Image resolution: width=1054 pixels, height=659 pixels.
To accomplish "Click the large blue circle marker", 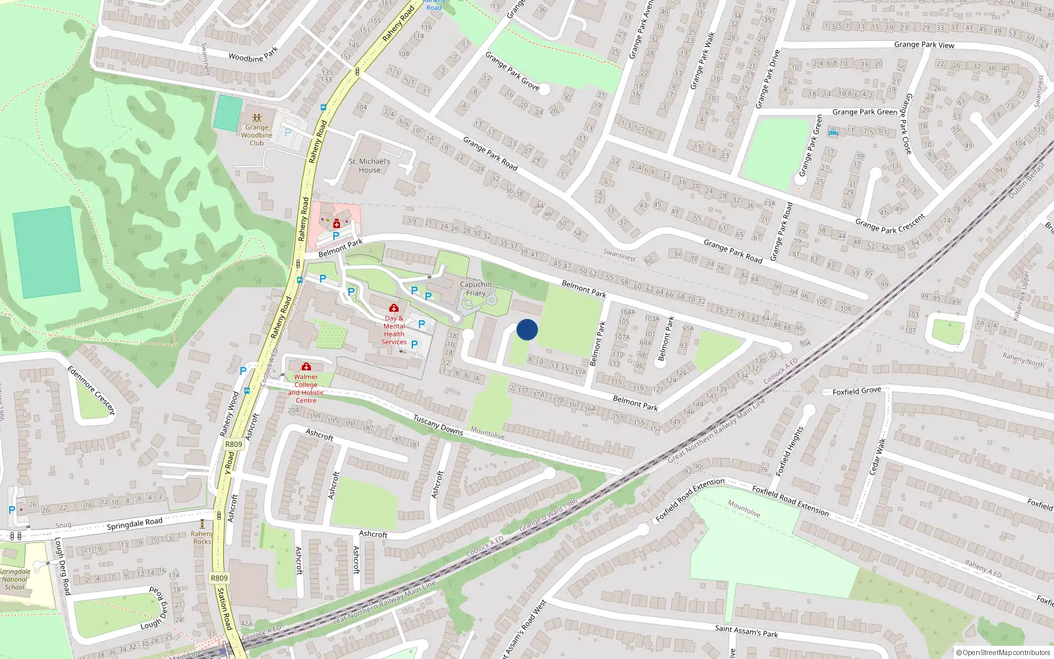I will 527,329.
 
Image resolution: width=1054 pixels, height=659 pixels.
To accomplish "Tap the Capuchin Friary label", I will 476,289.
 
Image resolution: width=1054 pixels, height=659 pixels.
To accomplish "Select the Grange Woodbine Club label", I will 256,135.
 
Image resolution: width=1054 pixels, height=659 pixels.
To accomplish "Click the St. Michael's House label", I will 370,165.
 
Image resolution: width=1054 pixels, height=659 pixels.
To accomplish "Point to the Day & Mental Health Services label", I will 394,330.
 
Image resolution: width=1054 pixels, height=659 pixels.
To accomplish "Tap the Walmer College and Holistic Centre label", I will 306,389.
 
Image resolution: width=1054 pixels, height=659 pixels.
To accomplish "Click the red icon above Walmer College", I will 306,366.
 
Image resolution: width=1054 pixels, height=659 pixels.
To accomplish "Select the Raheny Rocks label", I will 202,538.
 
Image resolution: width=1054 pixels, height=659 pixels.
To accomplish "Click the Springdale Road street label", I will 134,524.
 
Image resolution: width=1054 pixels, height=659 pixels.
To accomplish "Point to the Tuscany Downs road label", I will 438,424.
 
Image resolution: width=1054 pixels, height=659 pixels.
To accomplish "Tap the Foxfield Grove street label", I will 856,391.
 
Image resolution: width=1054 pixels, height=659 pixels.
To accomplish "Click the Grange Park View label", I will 924,45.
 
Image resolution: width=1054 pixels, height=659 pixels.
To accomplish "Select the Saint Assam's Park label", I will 746,631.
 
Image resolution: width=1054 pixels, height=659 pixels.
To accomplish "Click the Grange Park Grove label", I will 512,71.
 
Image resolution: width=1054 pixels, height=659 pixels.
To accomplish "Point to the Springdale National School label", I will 14,579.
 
